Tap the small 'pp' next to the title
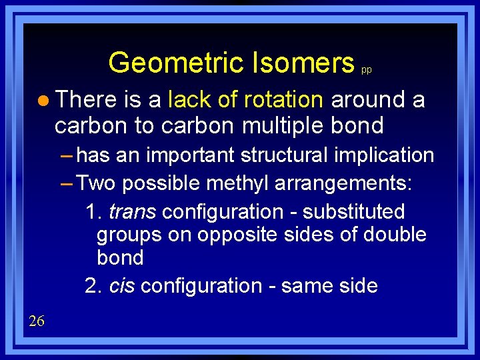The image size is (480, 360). click(366, 69)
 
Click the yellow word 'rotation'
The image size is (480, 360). click(285, 100)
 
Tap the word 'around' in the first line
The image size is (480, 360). click(368, 100)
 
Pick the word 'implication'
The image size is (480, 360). click(391, 156)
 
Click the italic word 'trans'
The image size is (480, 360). click(132, 212)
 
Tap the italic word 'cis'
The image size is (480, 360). click(122, 286)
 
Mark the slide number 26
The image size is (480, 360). click(37, 321)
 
